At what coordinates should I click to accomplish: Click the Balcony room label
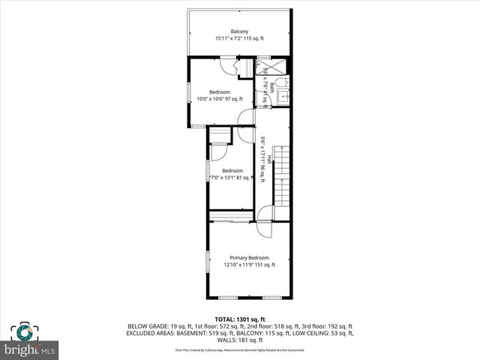point(239,31)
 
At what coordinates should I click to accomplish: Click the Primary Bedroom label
point(249,257)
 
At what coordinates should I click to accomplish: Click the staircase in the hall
point(280,178)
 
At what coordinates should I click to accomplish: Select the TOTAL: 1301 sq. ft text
point(240,319)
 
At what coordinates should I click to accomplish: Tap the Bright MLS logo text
point(30,350)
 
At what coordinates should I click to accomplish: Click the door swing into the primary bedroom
point(265,214)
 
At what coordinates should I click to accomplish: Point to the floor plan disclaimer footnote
point(240,349)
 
